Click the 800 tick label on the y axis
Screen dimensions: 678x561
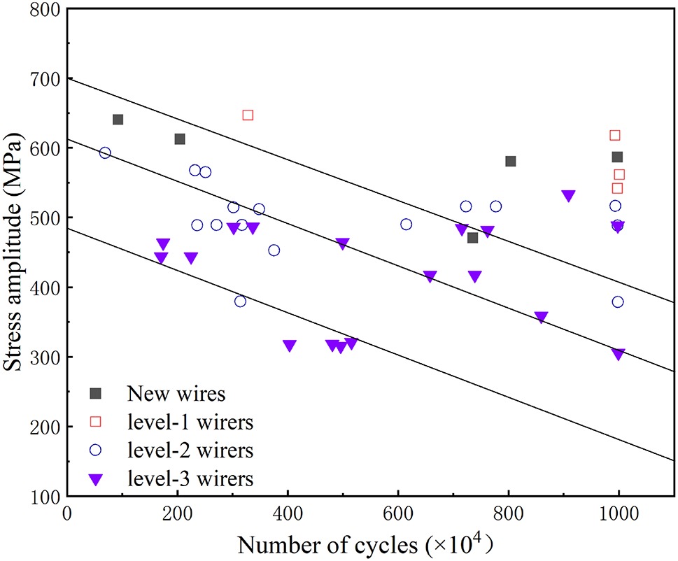pyautogui.click(x=44, y=10)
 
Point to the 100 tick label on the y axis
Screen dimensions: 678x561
pyautogui.click(x=44, y=496)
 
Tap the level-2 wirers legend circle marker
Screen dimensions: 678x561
pyautogui.click(x=97, y=450)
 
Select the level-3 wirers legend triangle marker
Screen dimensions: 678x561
pyautogui.click(x=97, y=479)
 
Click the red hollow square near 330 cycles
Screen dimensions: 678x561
pyautogui.click(x=248, y=115)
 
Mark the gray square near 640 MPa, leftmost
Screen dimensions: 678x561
pyautogui.click(x=118, y=120)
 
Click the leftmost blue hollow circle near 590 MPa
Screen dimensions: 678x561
pyautogui.click(x=105, y=152)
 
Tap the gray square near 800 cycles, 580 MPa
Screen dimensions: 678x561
pyautogui.click(x=511, y=162)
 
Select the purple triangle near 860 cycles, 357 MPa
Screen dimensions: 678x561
pyautogui.click(x=541, y=318)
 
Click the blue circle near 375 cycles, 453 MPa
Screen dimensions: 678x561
pyautogui.click(x=274, y=250)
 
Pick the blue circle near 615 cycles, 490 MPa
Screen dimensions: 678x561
pyautogui.click(x=406, y=225)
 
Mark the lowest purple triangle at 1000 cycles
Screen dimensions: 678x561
pyautogui.click(x=618, y=355)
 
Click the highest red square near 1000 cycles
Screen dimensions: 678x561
pyautogui.click(x=615, y=135)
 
